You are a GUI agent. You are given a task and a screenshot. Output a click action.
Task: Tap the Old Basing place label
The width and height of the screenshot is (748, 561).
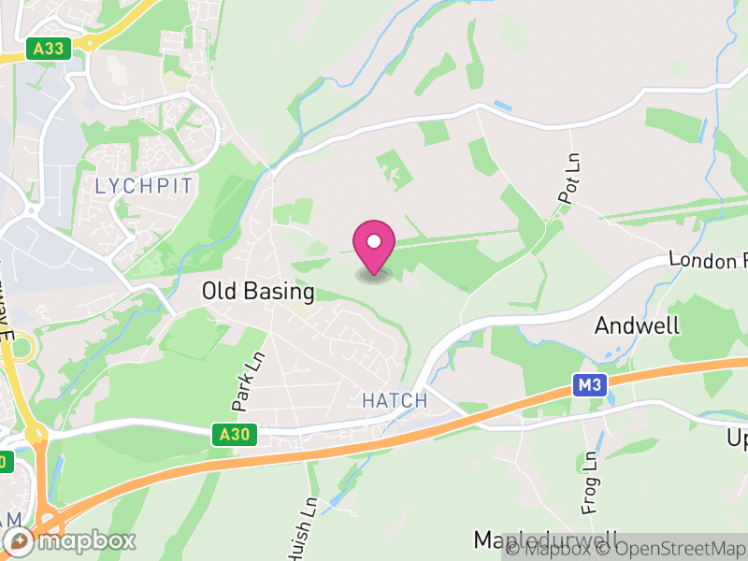[x=258, y=292]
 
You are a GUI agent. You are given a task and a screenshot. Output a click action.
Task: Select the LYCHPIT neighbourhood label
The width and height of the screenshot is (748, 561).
[x=144, y=186]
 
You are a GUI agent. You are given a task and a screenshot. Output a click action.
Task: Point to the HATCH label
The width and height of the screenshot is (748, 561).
[x=394, y=401]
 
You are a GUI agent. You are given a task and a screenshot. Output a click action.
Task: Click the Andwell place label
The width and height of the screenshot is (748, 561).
[x=638, y=326]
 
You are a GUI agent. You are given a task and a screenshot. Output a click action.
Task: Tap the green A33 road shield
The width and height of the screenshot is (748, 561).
[x=50, y=49]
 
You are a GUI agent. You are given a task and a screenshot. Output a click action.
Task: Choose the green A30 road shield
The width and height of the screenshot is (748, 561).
[x=235, y=435]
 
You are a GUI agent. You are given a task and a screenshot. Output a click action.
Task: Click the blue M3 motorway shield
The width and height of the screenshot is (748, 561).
[x=588, y=384]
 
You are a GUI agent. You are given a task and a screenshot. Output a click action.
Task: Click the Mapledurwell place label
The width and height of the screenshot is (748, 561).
[x=547, y=540]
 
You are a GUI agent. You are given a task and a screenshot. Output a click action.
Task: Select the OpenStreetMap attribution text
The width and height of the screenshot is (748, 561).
[x=670, y=549]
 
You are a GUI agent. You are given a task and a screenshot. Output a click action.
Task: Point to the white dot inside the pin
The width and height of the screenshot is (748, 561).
[x=374, y=242]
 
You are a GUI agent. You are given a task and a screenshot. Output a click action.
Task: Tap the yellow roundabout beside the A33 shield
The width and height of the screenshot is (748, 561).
[x=90, y=43]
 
